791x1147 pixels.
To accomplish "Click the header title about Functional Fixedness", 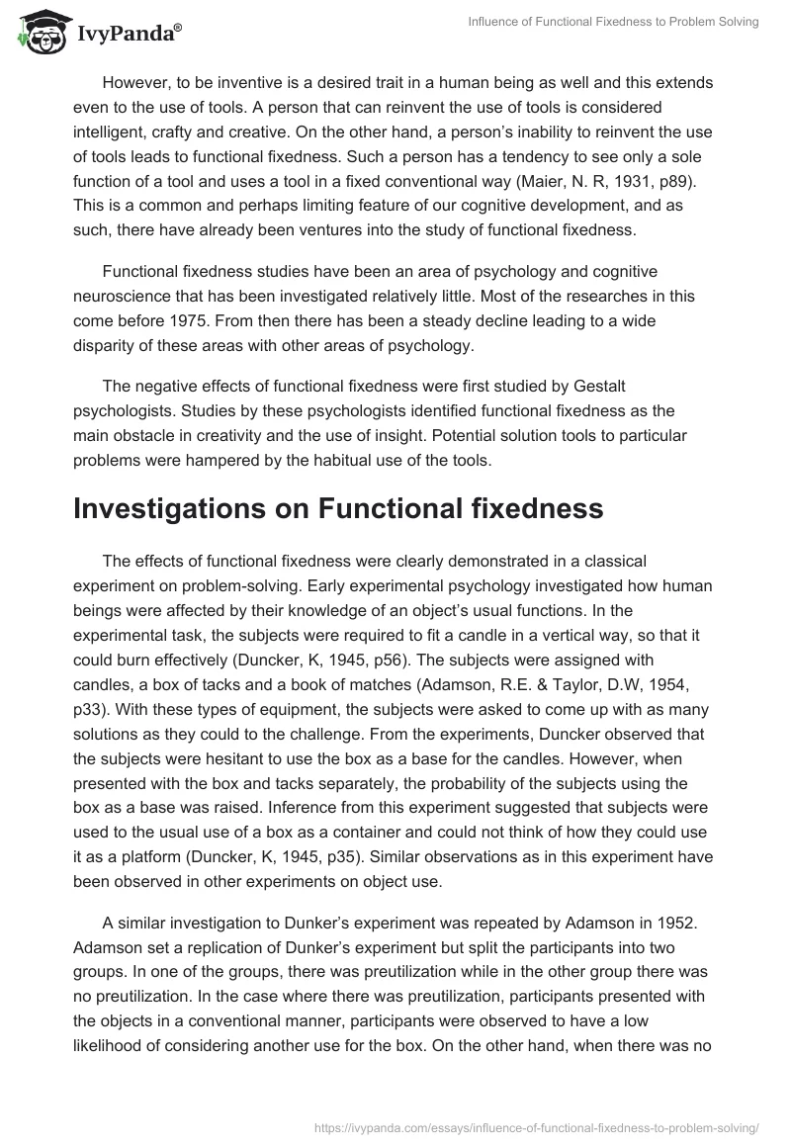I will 614,22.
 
